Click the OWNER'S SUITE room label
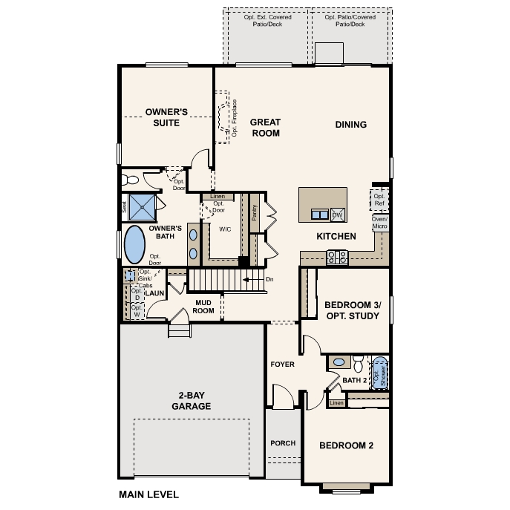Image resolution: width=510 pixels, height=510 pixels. tap(167, 117)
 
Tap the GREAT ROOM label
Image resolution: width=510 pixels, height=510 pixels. tap(264, 127)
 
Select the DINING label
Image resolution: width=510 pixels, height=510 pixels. tap(350, 125)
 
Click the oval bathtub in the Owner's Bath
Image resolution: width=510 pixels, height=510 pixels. tap(134, 243)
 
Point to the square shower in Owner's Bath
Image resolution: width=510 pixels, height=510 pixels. tap(143, 207)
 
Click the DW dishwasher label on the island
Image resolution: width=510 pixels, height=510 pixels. tap(336, 215)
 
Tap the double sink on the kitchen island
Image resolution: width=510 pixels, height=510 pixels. tap(320, 215)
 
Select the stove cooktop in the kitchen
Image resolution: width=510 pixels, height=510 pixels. tap(338, 257)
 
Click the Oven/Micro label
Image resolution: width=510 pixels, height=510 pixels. tap(379, 223)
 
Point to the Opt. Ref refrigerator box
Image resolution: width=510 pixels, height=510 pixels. tap(379, 200)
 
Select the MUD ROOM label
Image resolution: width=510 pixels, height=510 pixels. tap(204, 306)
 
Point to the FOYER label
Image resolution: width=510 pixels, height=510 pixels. tap(282, 364)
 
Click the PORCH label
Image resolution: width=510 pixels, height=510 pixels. tap(283, 443)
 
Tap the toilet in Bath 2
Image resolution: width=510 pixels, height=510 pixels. tap(358, 364)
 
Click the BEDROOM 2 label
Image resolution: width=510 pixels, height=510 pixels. tap(346, 445)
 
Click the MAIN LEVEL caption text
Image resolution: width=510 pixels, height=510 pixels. tap(148, 494)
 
